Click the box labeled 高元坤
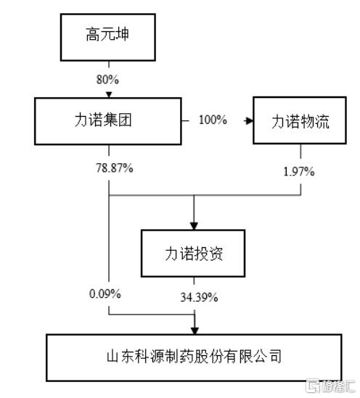click(107, 37)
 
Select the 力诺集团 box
click(107, 121)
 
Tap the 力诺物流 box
click(300, 120)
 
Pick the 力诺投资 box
click(193, 253)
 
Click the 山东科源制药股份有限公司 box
click(194, 357)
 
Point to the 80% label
click(107, 80)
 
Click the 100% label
click(213, 120)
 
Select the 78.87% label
click(115, 168)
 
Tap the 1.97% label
click(299, 172)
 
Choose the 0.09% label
click(105, 294)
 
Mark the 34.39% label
click(199, 297)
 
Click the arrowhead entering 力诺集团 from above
click(109, 95)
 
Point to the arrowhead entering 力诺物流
click(249, 121)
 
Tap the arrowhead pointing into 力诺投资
click(194, 226)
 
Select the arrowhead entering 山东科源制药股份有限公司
click(195, 331)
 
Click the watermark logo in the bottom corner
click(330, 386)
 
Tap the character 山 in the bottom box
click(113, 356)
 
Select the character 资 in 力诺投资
click(216, 253)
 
